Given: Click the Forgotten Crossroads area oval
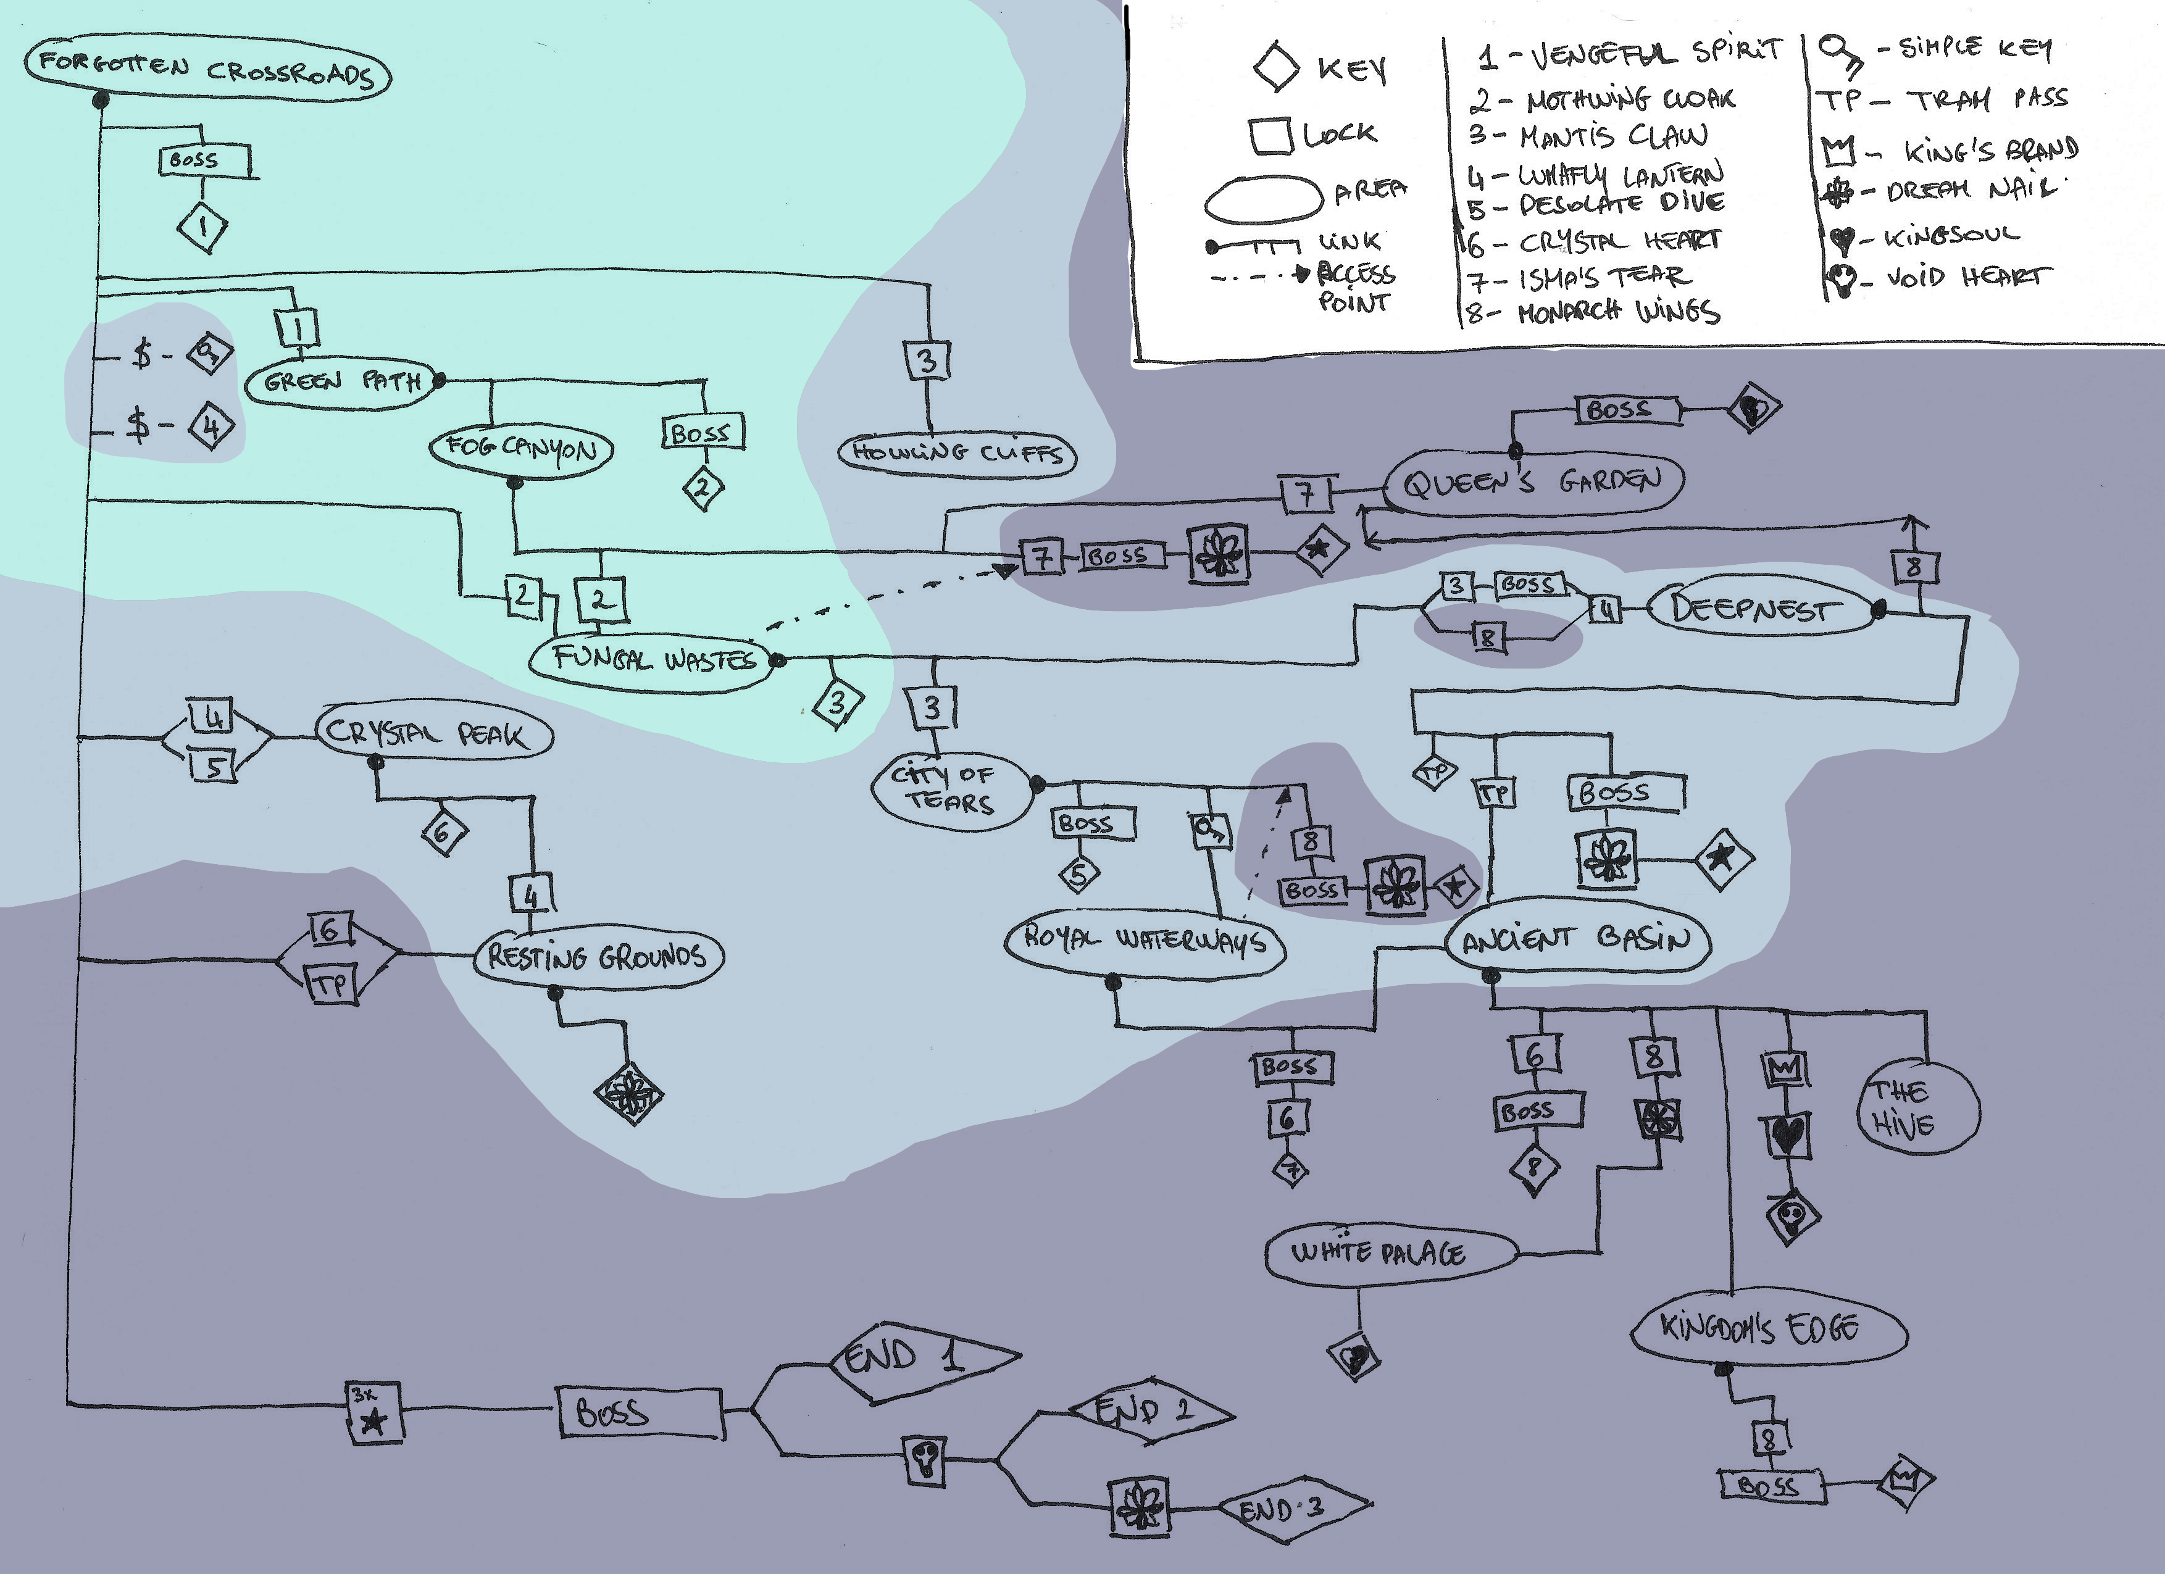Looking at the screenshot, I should (207, 70).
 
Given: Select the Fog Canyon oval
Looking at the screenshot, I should (521, 448).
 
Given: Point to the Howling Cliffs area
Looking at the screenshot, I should (956, 454).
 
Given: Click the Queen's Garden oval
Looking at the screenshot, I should (1533, 482).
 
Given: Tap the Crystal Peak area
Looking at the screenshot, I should (432, 733).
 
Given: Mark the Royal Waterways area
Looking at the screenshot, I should (1145, 939).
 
